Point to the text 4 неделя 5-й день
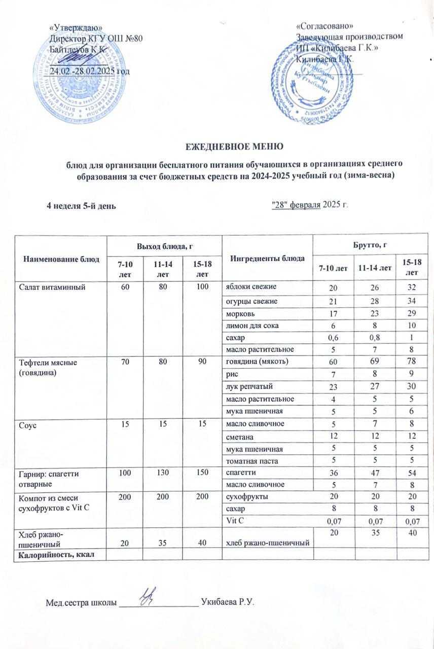point(81,206)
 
